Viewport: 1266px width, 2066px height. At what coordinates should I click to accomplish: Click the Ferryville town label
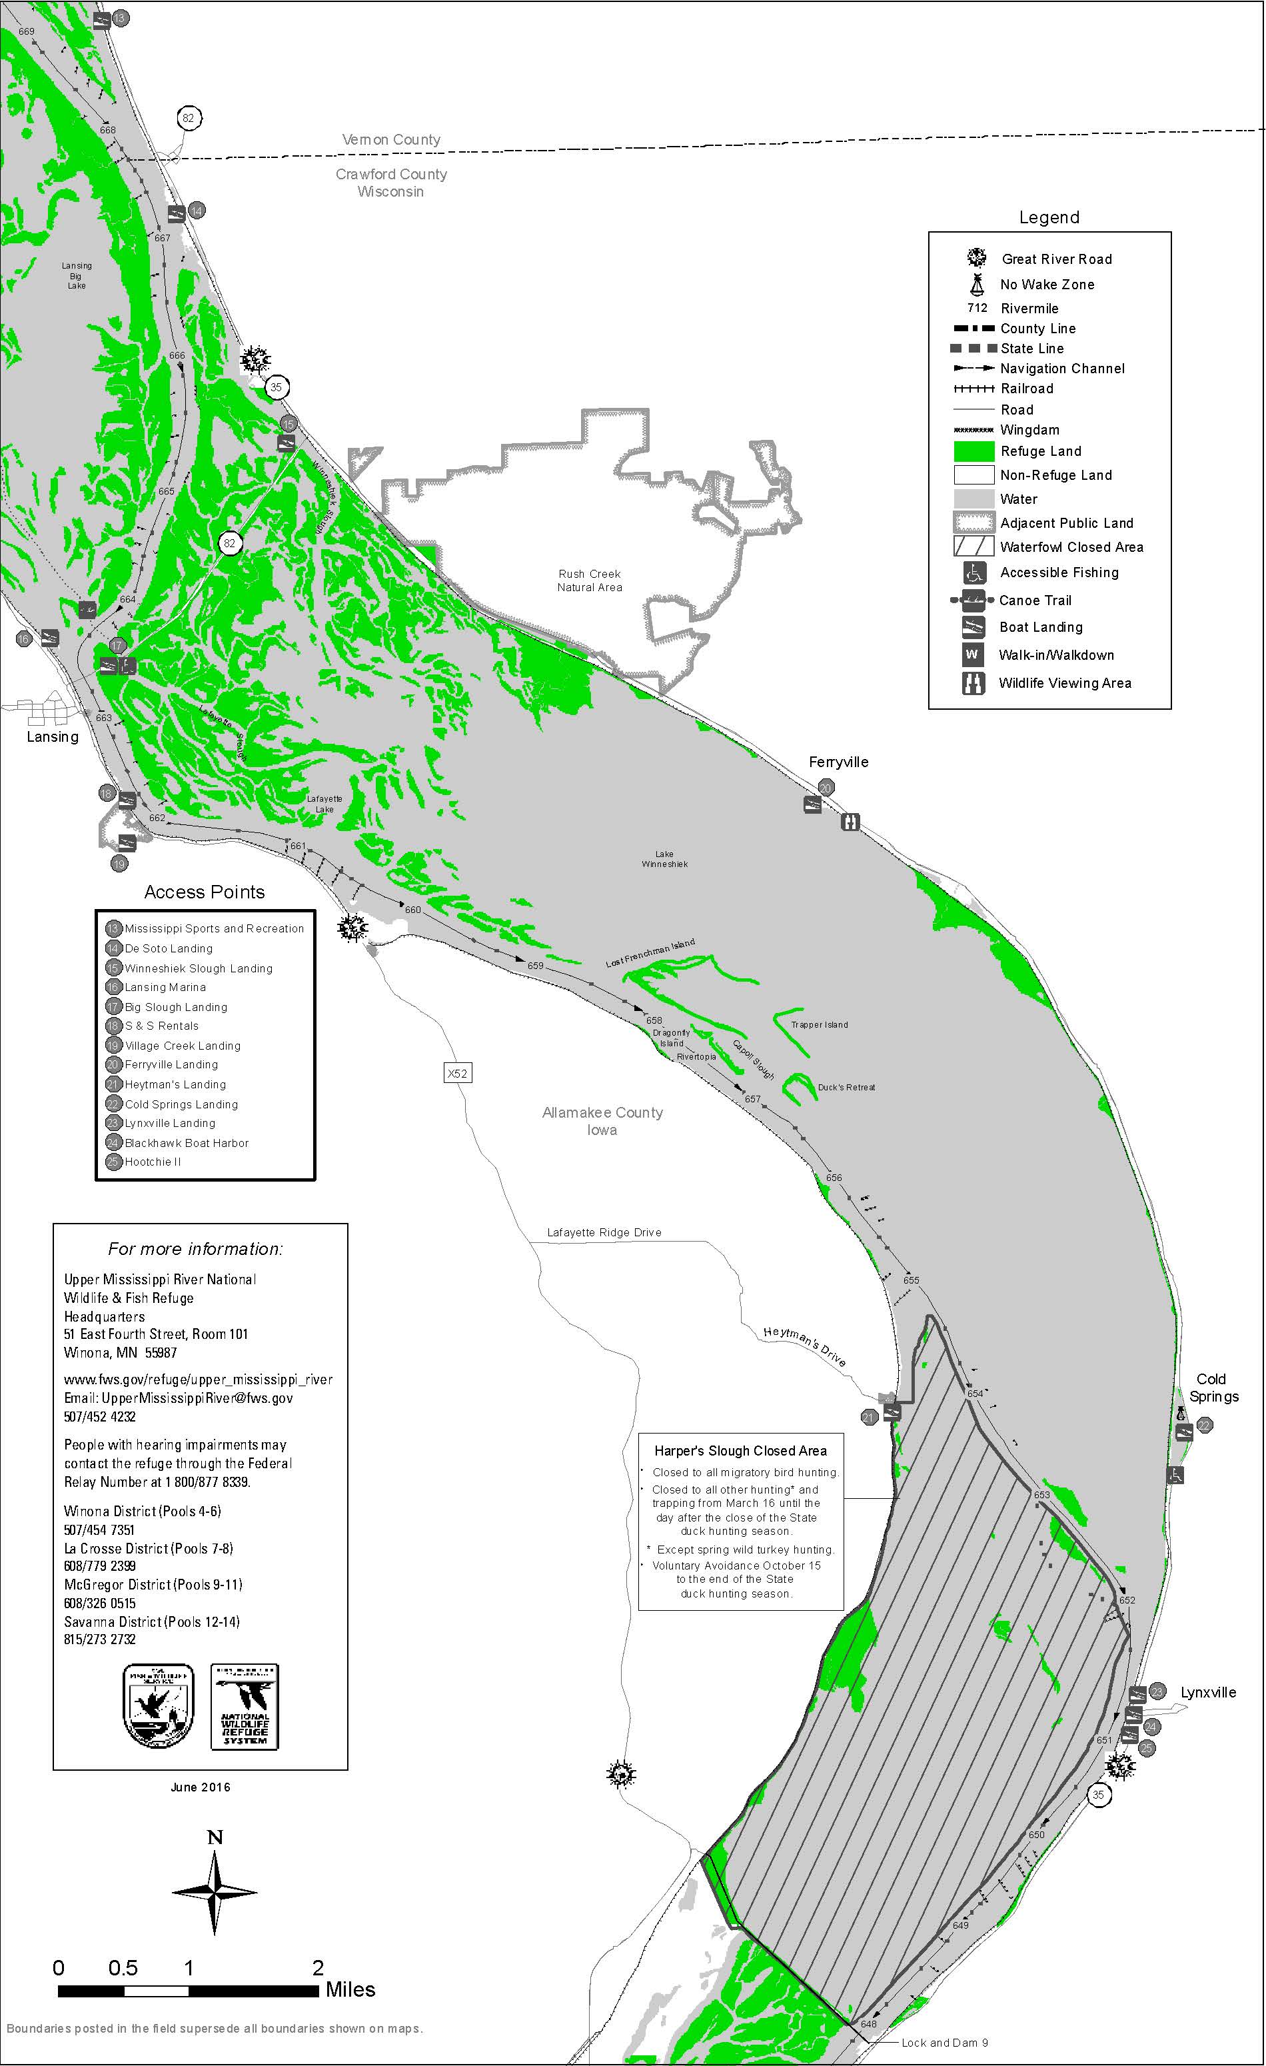pyautogui.click(x=838, y=762)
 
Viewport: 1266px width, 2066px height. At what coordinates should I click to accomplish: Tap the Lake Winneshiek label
pyautogui.click(x=664, y=858)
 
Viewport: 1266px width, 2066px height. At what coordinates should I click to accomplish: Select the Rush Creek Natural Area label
pyautogui.click(x=590, y=580)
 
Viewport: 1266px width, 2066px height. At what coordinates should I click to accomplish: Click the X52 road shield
pyautogui.click(x=456, y=1072)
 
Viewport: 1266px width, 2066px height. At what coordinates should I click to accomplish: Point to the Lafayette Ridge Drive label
pyautogui.click(x=604, y=1232)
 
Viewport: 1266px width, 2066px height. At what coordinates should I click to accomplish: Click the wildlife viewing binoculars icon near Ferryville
pyautogui.click(x=850, y=822)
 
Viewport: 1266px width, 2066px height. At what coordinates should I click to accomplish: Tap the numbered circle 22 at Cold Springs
pyautogui.click(x=1204, y=1425)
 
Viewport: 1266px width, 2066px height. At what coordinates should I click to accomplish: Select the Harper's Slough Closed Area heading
pyautogui.click(x=740, y=1451)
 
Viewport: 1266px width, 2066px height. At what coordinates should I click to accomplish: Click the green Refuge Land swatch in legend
pyautogui.click(x=973, y=451)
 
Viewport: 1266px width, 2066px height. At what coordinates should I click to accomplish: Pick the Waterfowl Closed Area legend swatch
pyautogui.click(x=973, y=546)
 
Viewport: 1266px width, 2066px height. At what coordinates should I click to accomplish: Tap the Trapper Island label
pyautogui.click(x=819, y=1024)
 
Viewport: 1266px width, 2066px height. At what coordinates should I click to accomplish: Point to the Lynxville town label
pyautogui.click(x=1208, y=1693)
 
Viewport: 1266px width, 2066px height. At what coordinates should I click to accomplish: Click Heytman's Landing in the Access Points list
pyautogui.click(x=175, y=1084)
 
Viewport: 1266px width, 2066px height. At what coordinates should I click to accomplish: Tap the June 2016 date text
pyautogui.click(x=201, y=1787)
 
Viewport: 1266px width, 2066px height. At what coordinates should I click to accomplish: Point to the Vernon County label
pyautogui.click(x=390, y=140)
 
